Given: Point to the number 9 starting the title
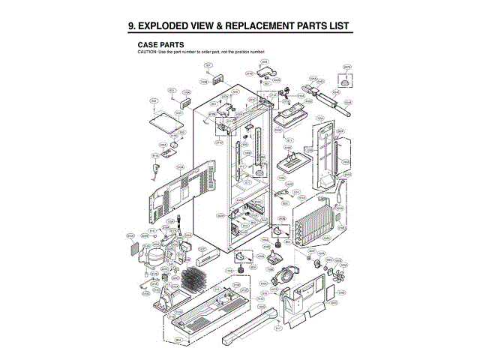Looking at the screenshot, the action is coord(132,26).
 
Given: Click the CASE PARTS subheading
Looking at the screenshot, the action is coord(161,45).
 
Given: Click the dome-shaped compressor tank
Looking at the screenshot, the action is coord(153,257).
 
